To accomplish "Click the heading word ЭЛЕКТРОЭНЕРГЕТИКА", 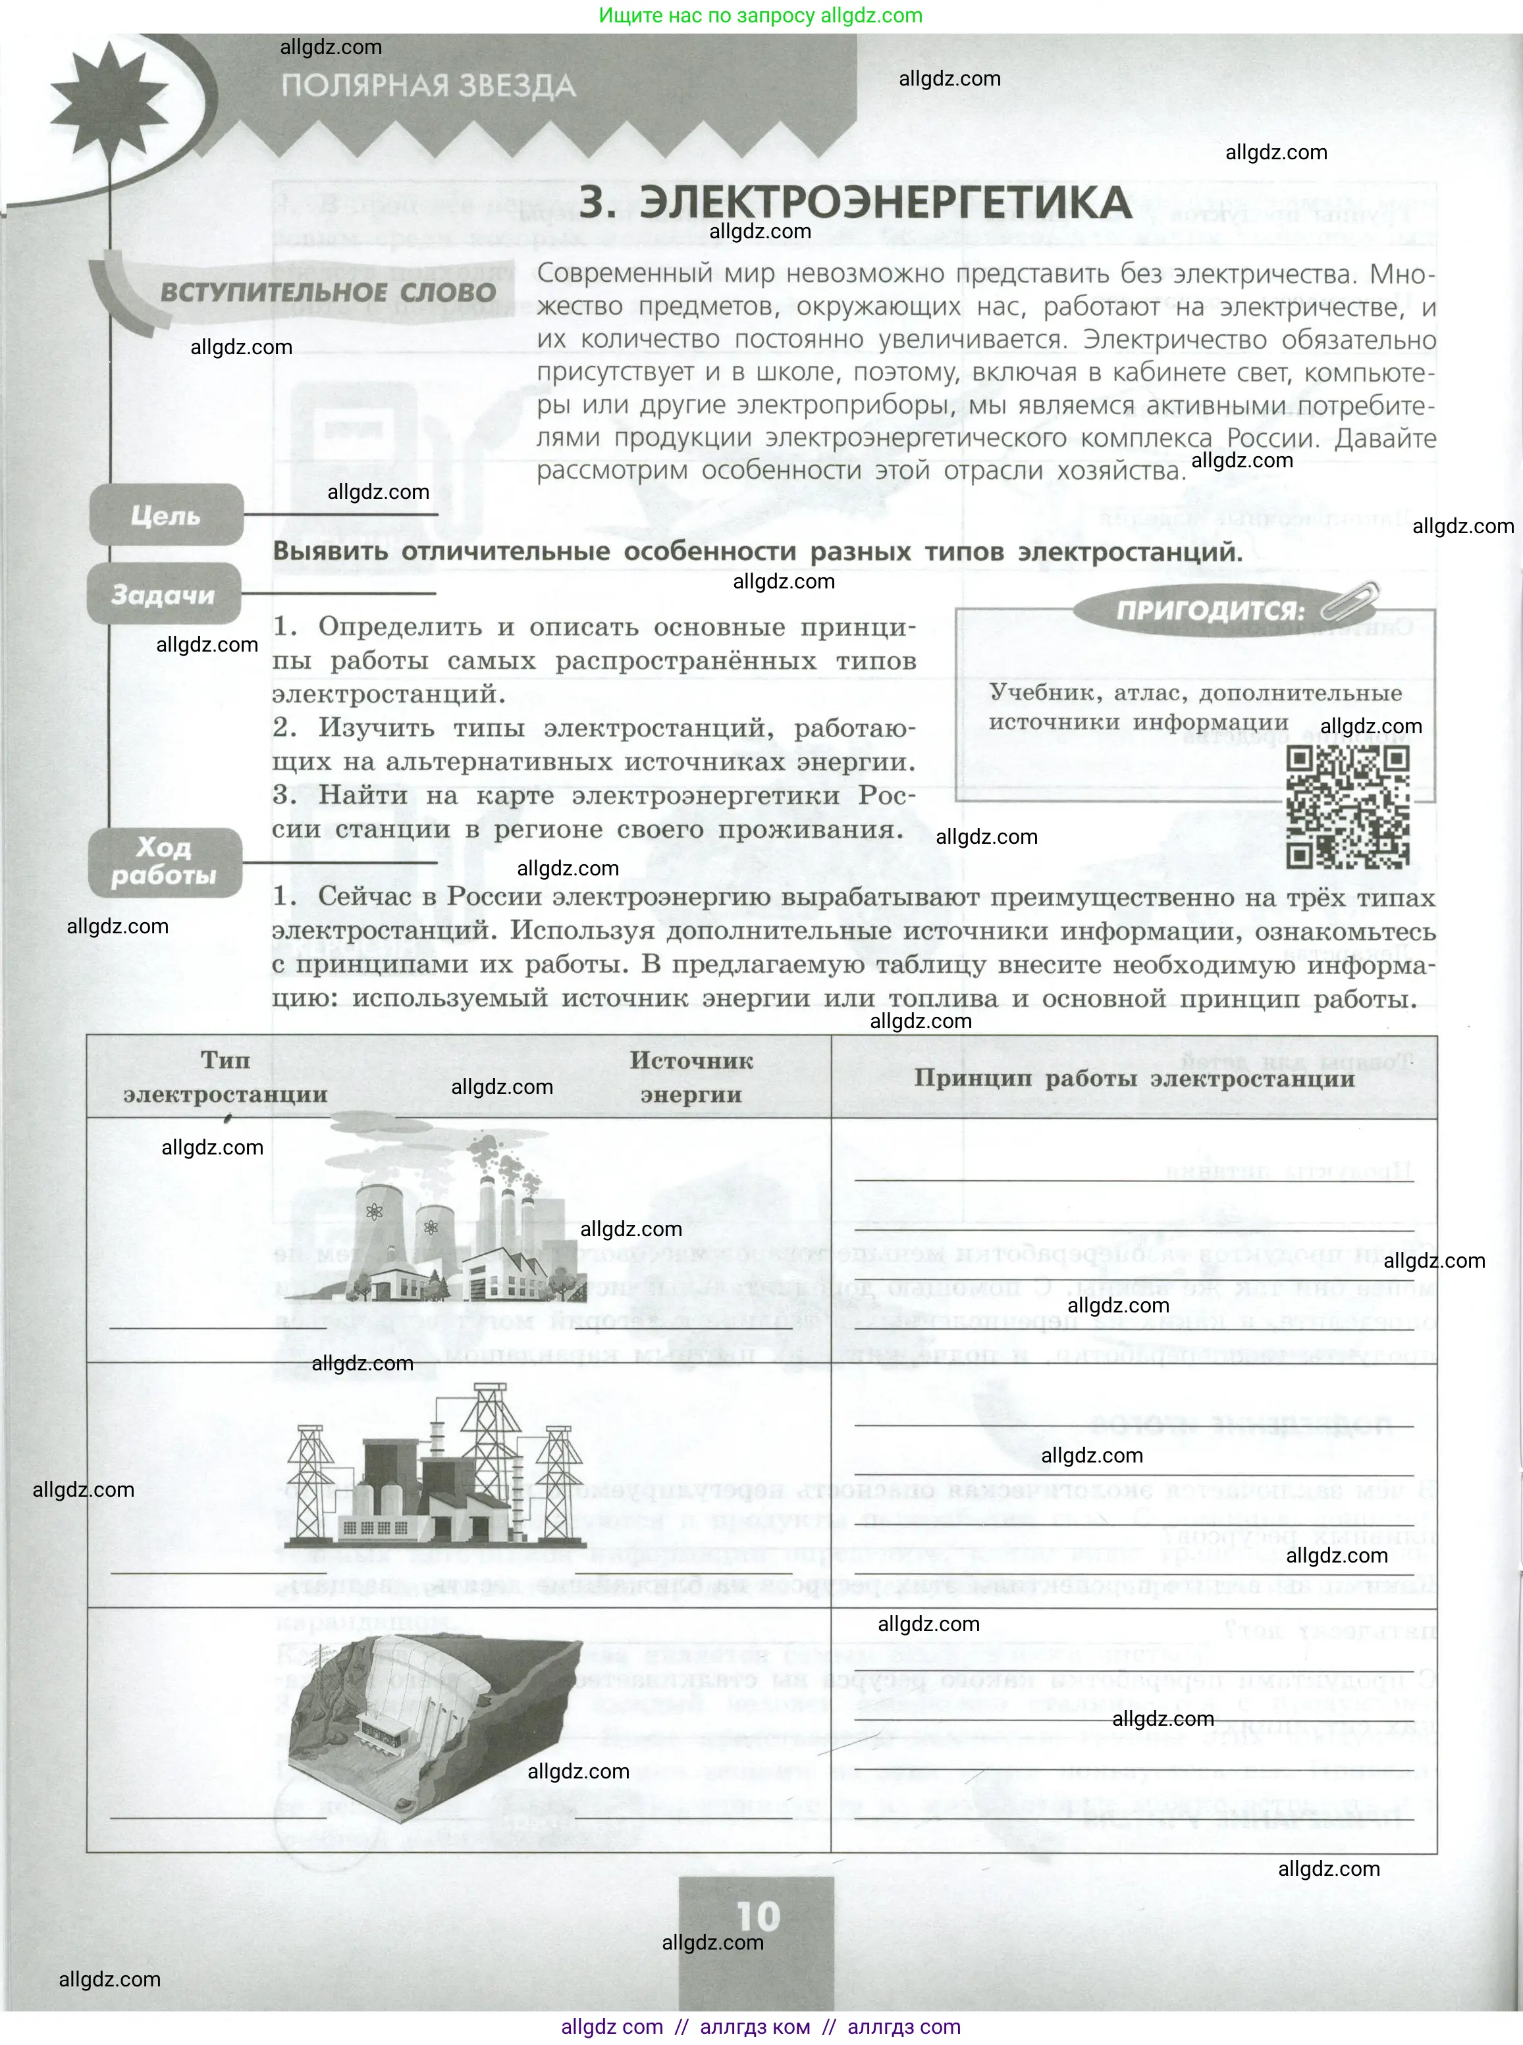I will [x=885, y=203].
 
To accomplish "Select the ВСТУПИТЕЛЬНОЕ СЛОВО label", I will [x=328, y=293].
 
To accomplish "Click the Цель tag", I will [x=166, y=516].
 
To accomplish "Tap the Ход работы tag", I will [x=164, y=861].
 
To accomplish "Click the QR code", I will [x=1347, y=808].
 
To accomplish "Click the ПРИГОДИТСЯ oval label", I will [x=1210, y=610].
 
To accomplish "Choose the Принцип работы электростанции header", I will [x=1134, y=1077].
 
